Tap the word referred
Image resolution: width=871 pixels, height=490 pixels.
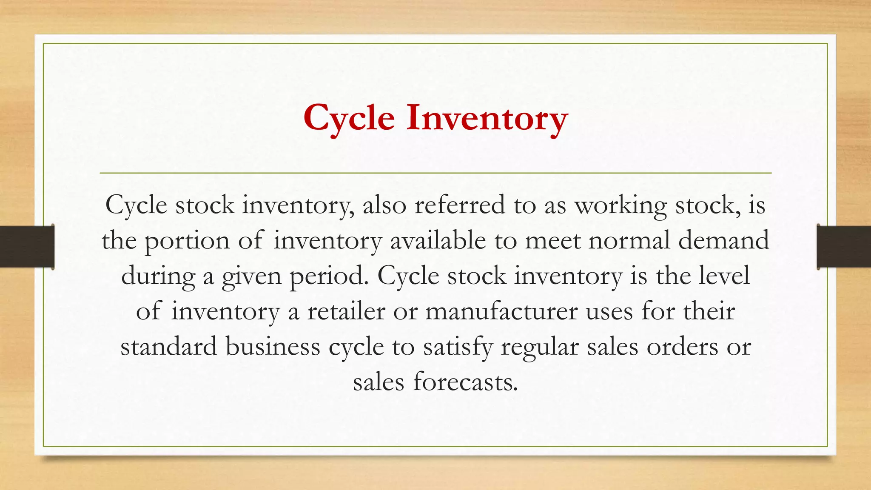(459, 205)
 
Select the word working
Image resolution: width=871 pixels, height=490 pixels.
(621, 206)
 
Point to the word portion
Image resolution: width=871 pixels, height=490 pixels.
(187, 241)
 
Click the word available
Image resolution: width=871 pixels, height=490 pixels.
(438, 240)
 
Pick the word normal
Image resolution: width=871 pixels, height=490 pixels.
(629, 240)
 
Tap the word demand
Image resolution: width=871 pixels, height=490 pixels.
(723, 240)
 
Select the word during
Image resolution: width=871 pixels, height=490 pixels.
(158, 276)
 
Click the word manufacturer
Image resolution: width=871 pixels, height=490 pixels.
(501, 311)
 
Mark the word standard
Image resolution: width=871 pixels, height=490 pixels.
(169, 346)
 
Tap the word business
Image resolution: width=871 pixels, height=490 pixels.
(273, 346)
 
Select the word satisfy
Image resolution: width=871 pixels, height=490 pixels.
(457, 347)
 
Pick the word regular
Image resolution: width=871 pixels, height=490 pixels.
(539, 347)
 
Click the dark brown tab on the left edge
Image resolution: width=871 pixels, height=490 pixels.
(27, 247)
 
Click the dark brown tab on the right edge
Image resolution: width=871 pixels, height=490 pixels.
(844, 247)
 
